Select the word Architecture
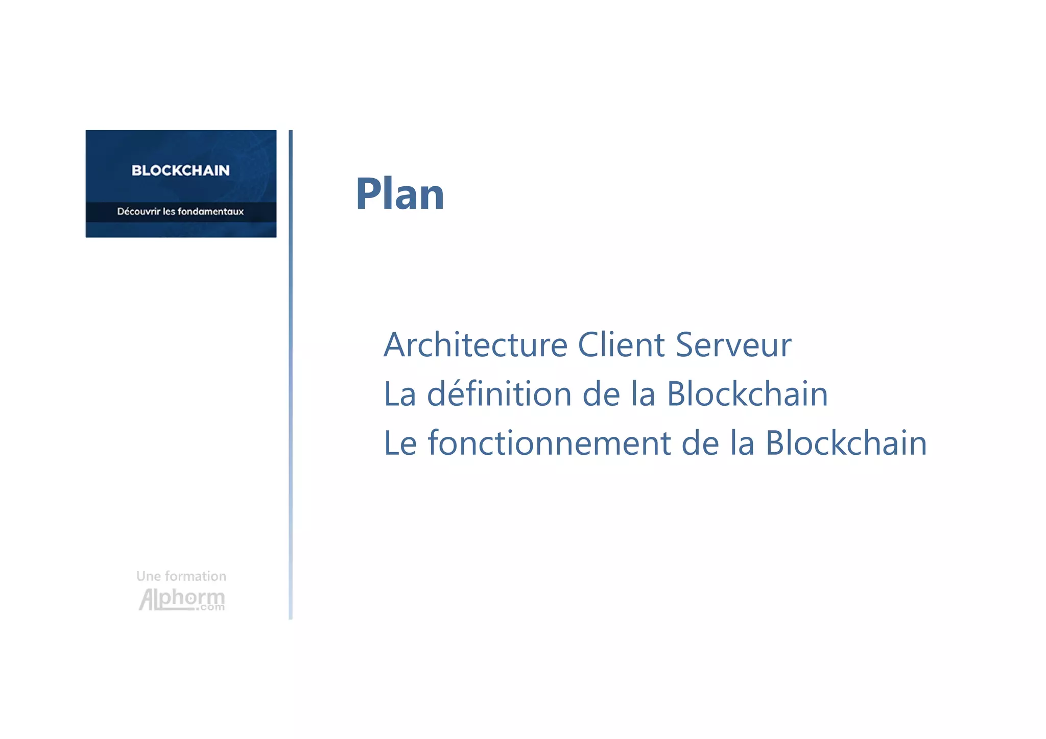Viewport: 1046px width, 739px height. [x=476, y=345]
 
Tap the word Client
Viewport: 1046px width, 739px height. [x=621, y=345]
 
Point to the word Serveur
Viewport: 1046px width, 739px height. [x=733, y=345]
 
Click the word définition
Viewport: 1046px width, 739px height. [x=499, y=394]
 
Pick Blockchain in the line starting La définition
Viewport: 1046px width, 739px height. [x=747, y=394]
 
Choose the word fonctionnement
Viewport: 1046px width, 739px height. [x=549, y=443]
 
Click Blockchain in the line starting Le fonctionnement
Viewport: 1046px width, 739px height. [x=846, y=443]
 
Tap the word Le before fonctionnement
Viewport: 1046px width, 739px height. [x=400, y=443]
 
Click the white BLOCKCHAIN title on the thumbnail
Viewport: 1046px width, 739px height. [x=180, y=170]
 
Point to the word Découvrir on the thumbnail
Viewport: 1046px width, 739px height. [x=138, y=211]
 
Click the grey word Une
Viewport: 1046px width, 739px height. [x=149, y=576]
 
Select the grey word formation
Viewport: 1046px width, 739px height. [x=196, y=576]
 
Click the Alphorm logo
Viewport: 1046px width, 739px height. [x=181, y=598]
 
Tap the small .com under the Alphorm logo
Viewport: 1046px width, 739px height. [x=212, y=607]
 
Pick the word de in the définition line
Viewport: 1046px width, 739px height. [x=601, y=394]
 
